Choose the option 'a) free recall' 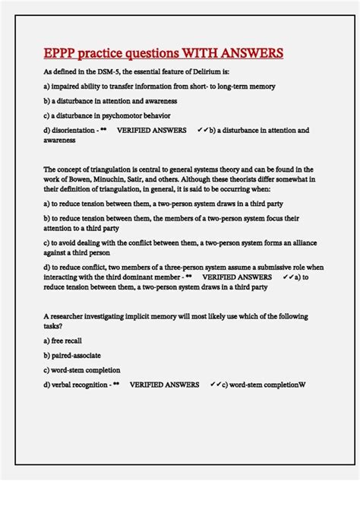click(x=64, y=341)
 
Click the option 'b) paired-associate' click(x=72, y=355)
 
